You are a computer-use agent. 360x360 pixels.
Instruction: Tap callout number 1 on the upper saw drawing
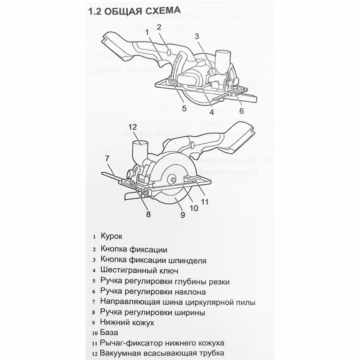coord(147,31)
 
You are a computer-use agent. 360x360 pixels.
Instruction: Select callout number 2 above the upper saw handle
coord(159,27)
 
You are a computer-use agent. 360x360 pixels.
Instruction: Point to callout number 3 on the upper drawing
coord(197,36)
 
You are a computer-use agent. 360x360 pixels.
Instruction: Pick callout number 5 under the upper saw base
coord(184,108)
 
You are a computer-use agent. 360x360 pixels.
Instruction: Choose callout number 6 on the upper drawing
coord(241,111)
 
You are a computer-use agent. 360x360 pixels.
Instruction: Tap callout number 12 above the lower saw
coord(132,127)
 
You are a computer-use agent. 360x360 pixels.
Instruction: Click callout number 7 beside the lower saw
coord(107,158)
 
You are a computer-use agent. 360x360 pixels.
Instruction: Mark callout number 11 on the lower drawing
coord(205,202)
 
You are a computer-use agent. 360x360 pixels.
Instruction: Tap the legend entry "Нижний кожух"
coord(128,323)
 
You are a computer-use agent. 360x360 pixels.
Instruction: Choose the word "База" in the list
coord(110,333)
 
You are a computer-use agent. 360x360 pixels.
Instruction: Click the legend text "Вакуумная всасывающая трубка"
coord(162,353)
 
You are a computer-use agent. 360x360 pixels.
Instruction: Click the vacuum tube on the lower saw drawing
coord(140,150)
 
